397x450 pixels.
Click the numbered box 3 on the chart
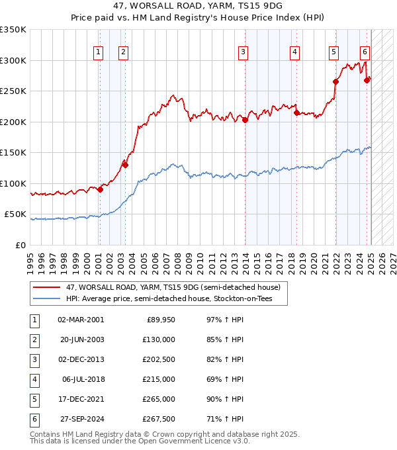(x=243, y=53)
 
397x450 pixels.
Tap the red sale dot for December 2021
(x=335, y=82)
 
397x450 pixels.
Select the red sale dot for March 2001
(x=100, y=189)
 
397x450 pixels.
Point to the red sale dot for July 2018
(x=296, y=112)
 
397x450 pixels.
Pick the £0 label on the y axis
(x=21, y=246)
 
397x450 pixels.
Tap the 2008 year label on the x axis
(x=177, y=264)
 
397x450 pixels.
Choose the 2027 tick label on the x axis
(x=393, y=264)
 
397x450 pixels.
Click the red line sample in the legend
(x=46, y=287)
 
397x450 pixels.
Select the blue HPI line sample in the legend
(x=46, y=298)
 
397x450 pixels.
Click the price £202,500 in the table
(x=159, y=359)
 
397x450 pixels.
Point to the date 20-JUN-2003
(x=82, y=339)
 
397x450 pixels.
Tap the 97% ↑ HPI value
(x=225, y=320)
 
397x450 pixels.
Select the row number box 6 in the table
(x=34, y=420)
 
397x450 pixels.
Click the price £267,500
(x=159, y=419)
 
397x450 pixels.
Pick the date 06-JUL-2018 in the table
(x=83, y=379)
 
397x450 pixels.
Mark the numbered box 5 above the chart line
(x=333, y=53)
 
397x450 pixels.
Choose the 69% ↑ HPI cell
(x=225, y=379)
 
